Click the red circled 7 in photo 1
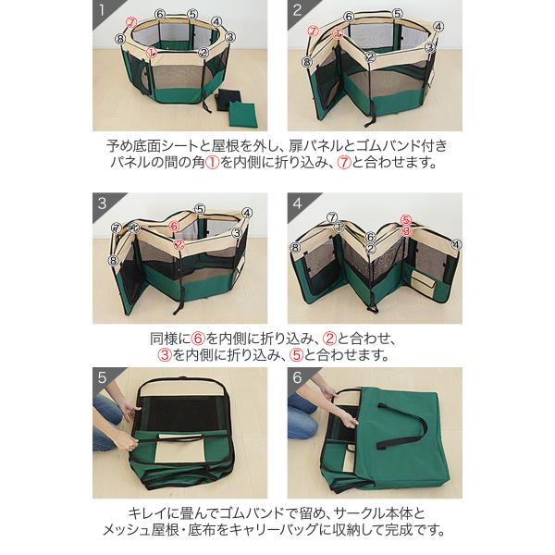point(131,23)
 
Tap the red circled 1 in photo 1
point(152,53)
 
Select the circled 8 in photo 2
point(307,62)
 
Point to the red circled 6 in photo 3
point(174,226)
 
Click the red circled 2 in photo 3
point(179,244)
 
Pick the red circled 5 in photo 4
point(406,220)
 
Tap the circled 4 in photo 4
point(457,244)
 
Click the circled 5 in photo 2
point(398,14)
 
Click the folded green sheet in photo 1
point(243,114)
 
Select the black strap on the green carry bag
point(402,424)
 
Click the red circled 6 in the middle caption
point(198,339)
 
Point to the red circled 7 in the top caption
point(344,163)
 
